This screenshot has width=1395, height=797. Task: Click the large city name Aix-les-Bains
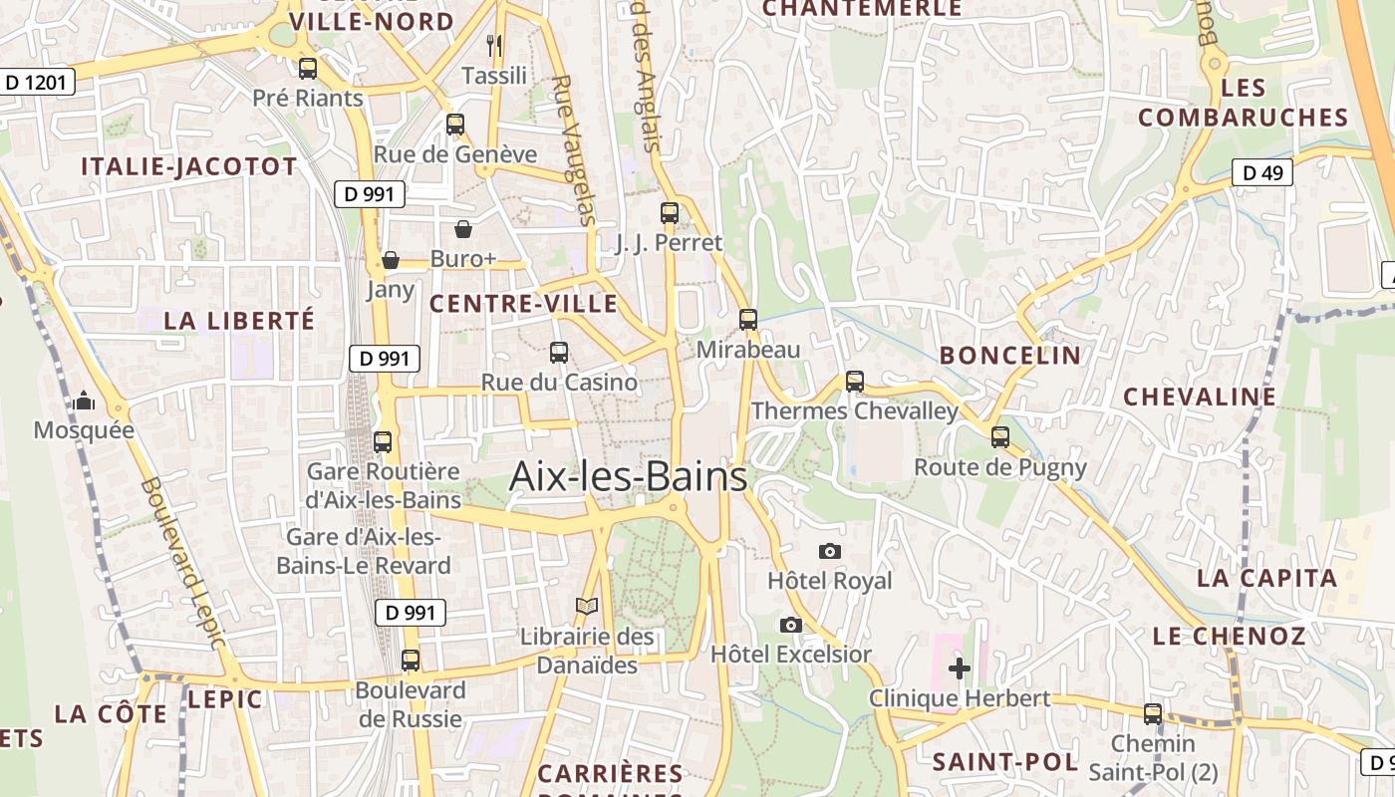pyautogui.click(x=628, y=476)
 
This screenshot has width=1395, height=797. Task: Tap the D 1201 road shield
pyautogui.click(x=39, y=82)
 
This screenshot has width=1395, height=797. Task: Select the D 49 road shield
pyautogui.click(x=1262, y=172)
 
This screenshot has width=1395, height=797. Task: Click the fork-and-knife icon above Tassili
pyautogui.click(x=494, y=45)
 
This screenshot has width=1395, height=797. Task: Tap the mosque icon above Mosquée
pyautogui.click(x=84, y=400)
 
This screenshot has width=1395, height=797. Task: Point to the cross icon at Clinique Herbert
pyautogui.click(x=960, y=667)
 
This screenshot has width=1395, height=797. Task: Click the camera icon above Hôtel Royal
pyautogui.click(x=829, y=551)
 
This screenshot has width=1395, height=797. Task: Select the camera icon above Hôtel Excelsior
pyautogui.click(x=791, y=625)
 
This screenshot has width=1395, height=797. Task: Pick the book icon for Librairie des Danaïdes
pyautogui.click(x=588, y=606)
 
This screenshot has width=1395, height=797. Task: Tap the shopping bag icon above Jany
pyautogui.click(x=391, y=260)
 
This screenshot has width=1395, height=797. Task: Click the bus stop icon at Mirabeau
pyautogui.click(x=748, y=320)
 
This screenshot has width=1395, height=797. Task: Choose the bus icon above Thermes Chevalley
pyautogui.click(x=855, y=381)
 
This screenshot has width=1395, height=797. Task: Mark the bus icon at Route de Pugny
pyautogui.click(x=1000, y=436)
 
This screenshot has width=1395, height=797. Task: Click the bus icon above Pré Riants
pyautogui.click(x=308, y=68)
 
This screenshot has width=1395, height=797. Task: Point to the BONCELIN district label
pyautogui.click(x=1010, y=355)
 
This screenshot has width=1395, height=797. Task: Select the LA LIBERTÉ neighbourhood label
pyautogui.click(x=239, y=320)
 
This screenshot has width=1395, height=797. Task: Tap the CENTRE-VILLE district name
pyautogui.click(x=523, y=304)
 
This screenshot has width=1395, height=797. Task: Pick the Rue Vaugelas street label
pyautogui.click(x=574, y=149)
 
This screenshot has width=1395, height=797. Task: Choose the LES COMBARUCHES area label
pyautogui.click(x=1244, y=103)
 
